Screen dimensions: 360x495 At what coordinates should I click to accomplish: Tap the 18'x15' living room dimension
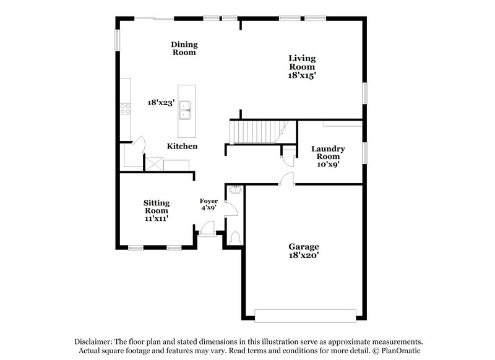(x=302, y=75)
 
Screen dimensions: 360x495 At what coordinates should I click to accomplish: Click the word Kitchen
(x=182, y=146)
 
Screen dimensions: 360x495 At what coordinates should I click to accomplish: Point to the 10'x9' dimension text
(x=328, y=165)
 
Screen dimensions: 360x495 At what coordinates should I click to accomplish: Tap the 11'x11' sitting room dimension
(x=157, y=219)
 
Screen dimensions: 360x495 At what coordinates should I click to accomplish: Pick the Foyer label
(x=208, y=201)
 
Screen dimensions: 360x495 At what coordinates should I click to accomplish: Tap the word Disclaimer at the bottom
(x=96, y=341)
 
